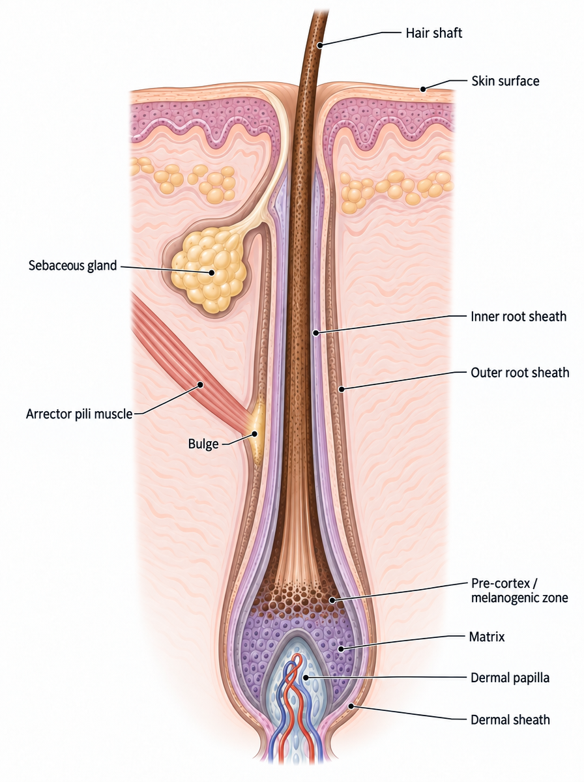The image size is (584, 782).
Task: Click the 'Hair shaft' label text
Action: pos(433,33)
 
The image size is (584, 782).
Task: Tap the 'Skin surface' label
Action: pos(505,81)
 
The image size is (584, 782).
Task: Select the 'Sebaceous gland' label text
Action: pos(73,265)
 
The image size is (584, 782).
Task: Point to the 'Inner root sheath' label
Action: pos(518,316)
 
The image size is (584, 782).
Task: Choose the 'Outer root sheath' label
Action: pos(520,373)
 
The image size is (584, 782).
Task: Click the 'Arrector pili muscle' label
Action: pos(79,414)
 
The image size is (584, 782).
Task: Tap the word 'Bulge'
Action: pos(203,444)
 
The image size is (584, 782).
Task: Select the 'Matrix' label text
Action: pos(487,637)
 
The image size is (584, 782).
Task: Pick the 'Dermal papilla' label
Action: pos(510,678)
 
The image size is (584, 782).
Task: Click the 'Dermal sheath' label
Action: pos(510,719)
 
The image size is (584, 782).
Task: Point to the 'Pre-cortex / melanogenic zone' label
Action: pos(519,590)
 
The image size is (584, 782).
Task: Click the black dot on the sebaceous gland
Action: pos(212,272)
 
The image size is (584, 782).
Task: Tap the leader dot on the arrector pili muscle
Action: pos(200,384)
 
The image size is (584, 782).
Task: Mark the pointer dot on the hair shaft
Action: pos(320,45)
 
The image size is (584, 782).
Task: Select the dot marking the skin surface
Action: pos(423,89)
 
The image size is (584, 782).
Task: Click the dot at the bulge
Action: pos(254,434)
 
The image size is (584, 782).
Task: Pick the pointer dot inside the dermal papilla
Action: pos(306,677)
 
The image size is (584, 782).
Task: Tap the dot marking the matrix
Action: pos(341,649)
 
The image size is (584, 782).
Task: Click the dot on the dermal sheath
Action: pos(351,706)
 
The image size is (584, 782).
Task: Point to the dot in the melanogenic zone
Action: pos(332,600)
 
